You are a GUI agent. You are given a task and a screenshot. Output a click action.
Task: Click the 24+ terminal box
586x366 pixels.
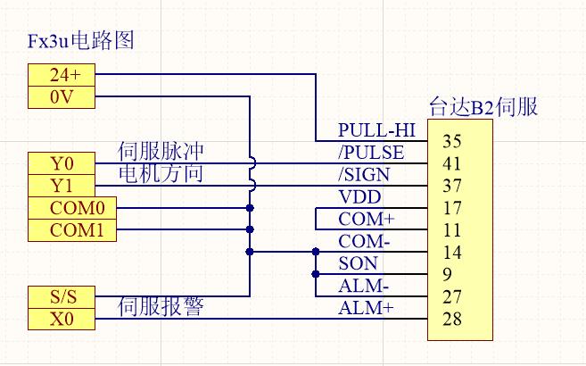pos(61,75)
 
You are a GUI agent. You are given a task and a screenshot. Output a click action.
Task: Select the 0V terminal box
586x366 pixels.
pos(61,96)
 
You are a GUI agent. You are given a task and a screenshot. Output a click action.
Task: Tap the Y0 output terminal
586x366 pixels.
pos(61,163)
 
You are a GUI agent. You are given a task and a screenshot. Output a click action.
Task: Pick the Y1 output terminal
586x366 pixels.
pos(61,186)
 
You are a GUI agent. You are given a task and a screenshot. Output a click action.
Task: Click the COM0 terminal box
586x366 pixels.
pos(61,208)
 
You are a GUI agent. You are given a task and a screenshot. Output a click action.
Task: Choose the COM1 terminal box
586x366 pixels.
pos(61,230)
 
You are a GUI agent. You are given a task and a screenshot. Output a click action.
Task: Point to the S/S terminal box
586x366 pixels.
pos(61,296)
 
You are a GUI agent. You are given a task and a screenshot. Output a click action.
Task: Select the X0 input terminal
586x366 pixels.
pos(61,319)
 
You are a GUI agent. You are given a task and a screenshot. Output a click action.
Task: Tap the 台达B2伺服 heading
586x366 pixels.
pos(483,106)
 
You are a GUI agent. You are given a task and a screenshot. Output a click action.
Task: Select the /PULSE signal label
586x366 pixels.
pos(371,153)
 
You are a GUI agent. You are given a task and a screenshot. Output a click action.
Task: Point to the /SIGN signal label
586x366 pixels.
pos(365,175)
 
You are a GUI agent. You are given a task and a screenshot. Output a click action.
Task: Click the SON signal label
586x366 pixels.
pos(358,263)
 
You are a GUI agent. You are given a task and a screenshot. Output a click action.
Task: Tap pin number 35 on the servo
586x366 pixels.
pos(451,141)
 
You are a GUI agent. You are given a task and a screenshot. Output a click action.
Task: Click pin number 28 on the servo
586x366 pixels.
pos(451,319)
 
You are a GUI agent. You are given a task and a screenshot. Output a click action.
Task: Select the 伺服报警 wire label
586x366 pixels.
pos(161,308)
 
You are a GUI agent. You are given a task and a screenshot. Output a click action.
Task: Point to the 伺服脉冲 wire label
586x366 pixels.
pos(161,151)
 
